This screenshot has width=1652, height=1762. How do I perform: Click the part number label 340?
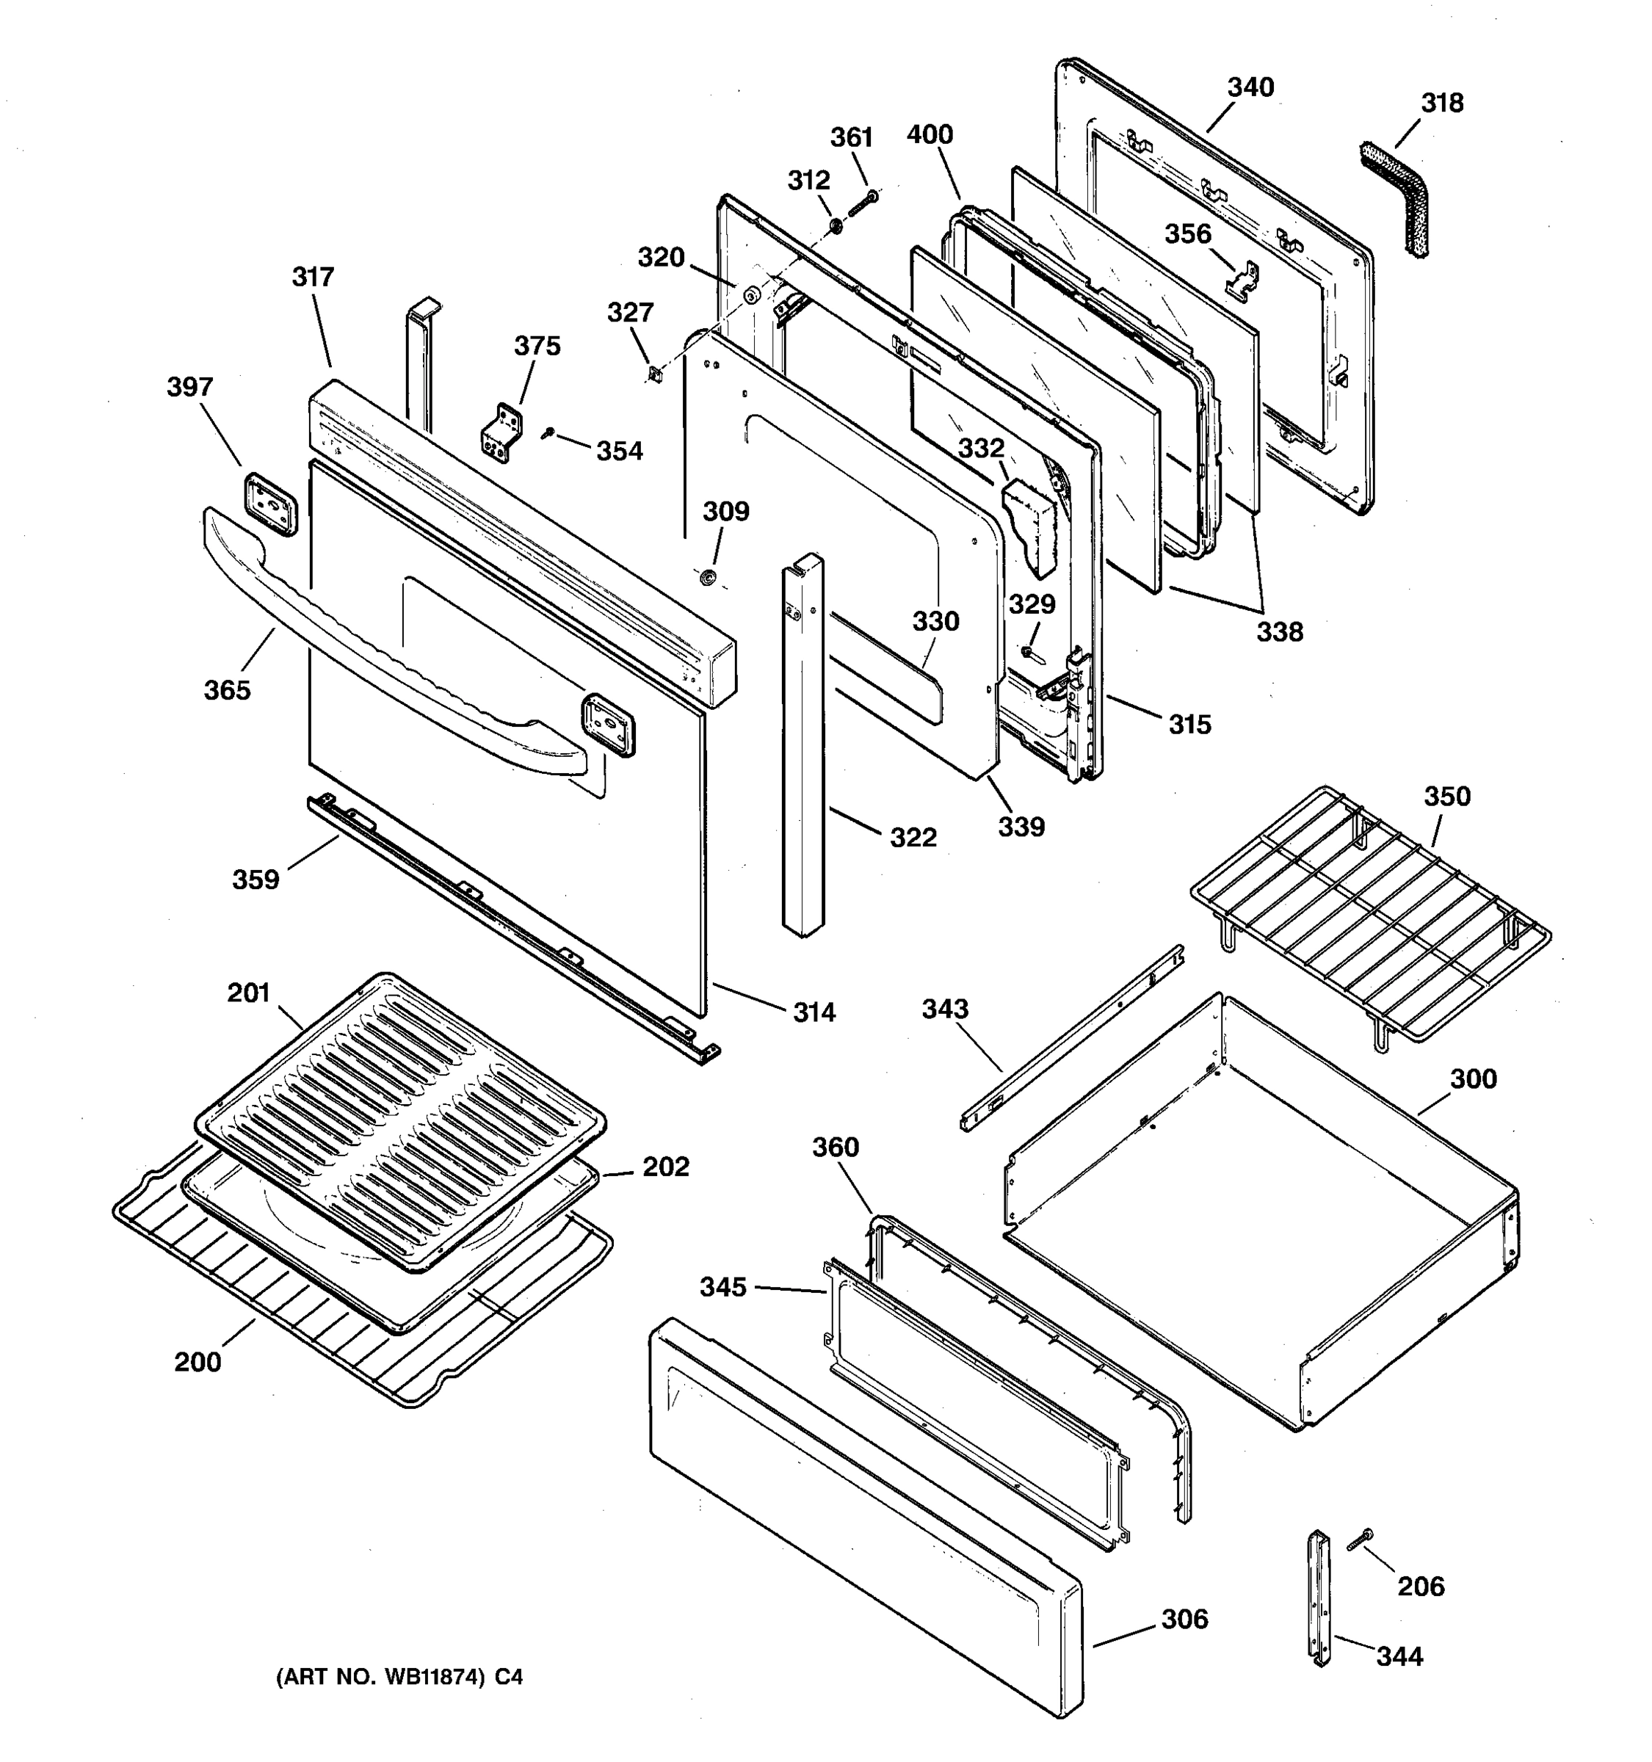(x=1250, y=87)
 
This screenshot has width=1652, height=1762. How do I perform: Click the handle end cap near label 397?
(x=271, y=504)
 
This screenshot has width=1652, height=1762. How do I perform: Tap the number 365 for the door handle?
(x=227, y=689)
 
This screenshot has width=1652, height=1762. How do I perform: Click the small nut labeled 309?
(x=708, y=578)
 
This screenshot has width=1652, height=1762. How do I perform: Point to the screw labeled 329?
(x=1028, y=653)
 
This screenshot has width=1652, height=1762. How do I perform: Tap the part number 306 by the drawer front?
(x=1184, y=1618)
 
